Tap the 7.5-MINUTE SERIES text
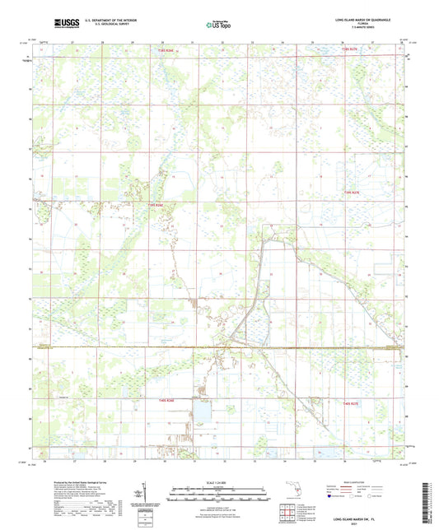pyautogui.click(x=362, y=29)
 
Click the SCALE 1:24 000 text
pyautogui.click(x=219, y=482)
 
